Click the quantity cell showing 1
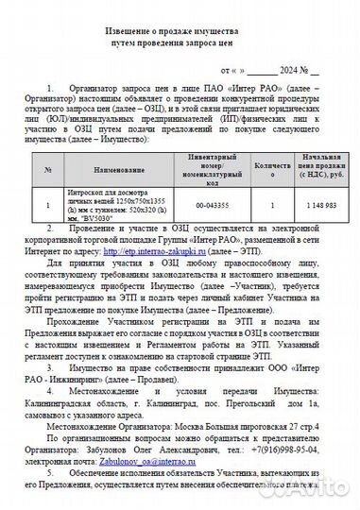[272, 204]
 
